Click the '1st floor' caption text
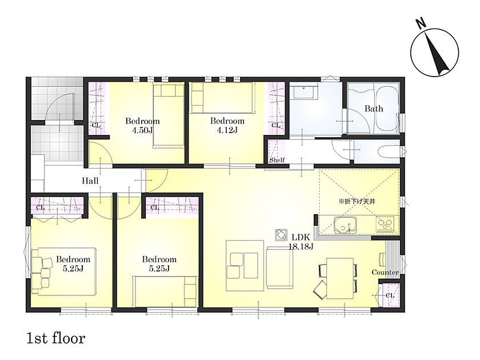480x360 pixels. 56,338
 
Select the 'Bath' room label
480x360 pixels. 374,109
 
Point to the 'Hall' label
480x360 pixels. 90,181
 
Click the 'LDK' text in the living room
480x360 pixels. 301,237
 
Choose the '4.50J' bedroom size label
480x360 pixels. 142,130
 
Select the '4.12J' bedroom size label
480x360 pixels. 227,130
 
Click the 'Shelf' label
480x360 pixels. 277,160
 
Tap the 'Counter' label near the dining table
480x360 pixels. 385,272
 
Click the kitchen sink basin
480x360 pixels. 345,225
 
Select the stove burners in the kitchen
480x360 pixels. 385,225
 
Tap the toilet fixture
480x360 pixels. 389,151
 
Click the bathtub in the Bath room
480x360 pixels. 385,109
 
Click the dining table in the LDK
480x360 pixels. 340,278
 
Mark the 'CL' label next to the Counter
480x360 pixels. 390,295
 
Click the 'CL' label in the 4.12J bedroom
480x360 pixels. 276,125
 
